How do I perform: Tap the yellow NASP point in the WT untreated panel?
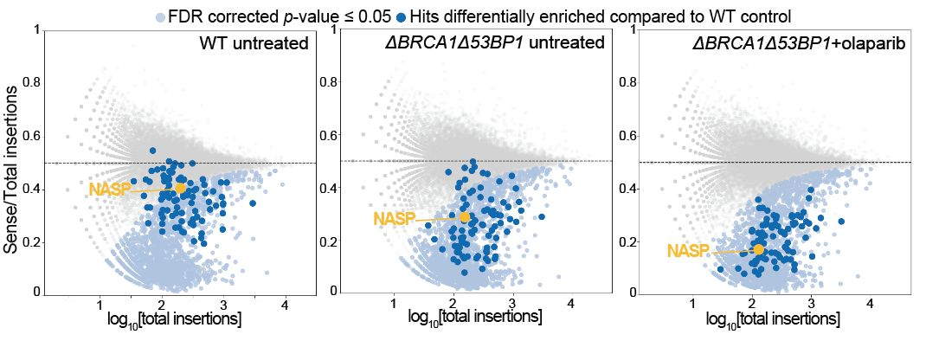(x=180, y=188)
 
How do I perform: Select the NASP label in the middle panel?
(x=393, y=220)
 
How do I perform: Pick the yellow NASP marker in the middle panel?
(x=465, y=217)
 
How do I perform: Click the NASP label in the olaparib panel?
(x=688, y=251)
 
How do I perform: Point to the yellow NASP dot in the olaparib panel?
(x=759, y=249)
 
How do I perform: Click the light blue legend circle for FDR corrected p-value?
(x=159, y=16)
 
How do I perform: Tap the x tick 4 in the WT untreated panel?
(x=284, y=305)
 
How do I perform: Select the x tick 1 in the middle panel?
(x=394, y=305)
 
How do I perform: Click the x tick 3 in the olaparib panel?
(x=810, y=305)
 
